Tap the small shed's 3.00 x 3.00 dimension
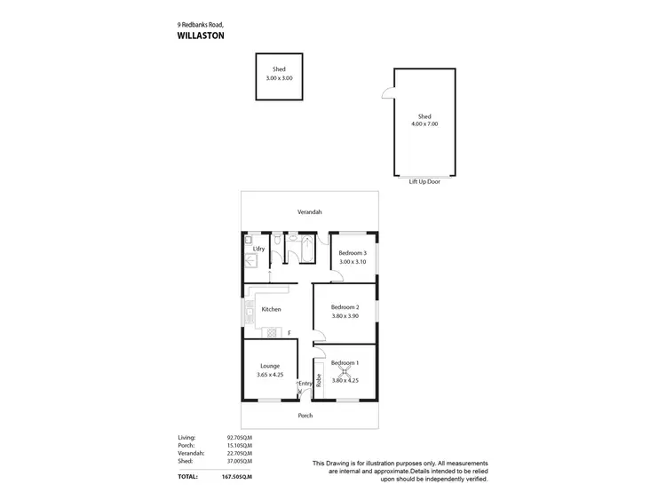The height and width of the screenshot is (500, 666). click(x=279, y=78)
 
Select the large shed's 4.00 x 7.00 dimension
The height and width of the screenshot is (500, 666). click(x=424, y=124)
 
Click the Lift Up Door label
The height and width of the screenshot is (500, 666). click(x=424, y=181)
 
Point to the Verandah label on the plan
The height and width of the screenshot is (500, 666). click(x=310, y=212)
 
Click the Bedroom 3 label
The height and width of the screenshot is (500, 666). click(x=353, y=253)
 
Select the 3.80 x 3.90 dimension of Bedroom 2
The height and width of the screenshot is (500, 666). click(x=345, y=316)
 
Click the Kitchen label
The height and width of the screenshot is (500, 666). click(x=271, y=309)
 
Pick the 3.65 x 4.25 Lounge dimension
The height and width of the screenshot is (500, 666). click(x=270, y=375)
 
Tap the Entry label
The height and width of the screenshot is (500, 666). click(x=305, y=384)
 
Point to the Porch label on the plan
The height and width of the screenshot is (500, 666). click(x=305, y=416)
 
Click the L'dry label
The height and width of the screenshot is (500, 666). click(x=259, y=250)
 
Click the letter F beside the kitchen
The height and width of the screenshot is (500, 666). click(x=289, y=333)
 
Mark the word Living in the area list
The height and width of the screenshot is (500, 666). click(x=186, y=437)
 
